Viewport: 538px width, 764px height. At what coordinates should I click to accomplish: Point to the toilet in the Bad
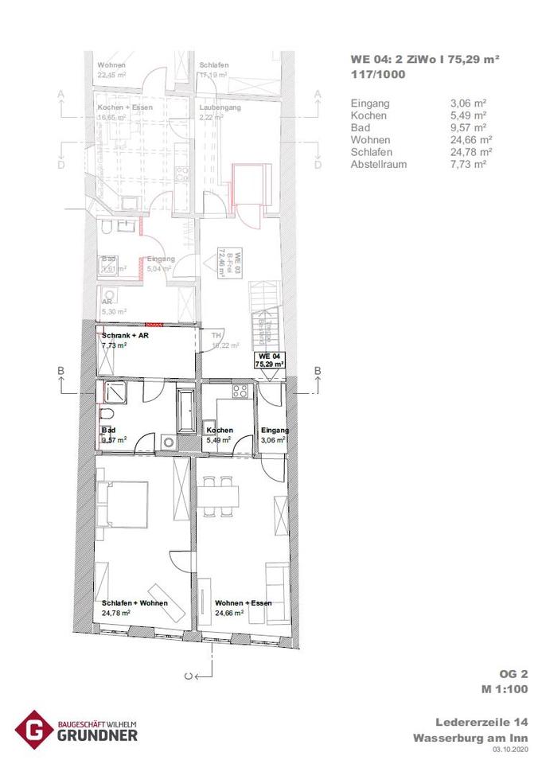pos(107,419)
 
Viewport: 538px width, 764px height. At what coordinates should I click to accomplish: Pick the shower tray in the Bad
pos(111,393)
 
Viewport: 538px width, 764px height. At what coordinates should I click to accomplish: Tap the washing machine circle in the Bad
pos(166,442)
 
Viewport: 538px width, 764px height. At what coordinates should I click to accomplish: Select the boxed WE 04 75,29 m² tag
pos(269,359)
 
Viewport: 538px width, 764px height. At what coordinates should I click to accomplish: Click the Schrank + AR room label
pos(124,336)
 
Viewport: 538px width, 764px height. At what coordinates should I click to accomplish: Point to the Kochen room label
pos(219,430)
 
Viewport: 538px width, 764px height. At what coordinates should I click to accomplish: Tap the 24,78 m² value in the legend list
pos(470,151)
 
